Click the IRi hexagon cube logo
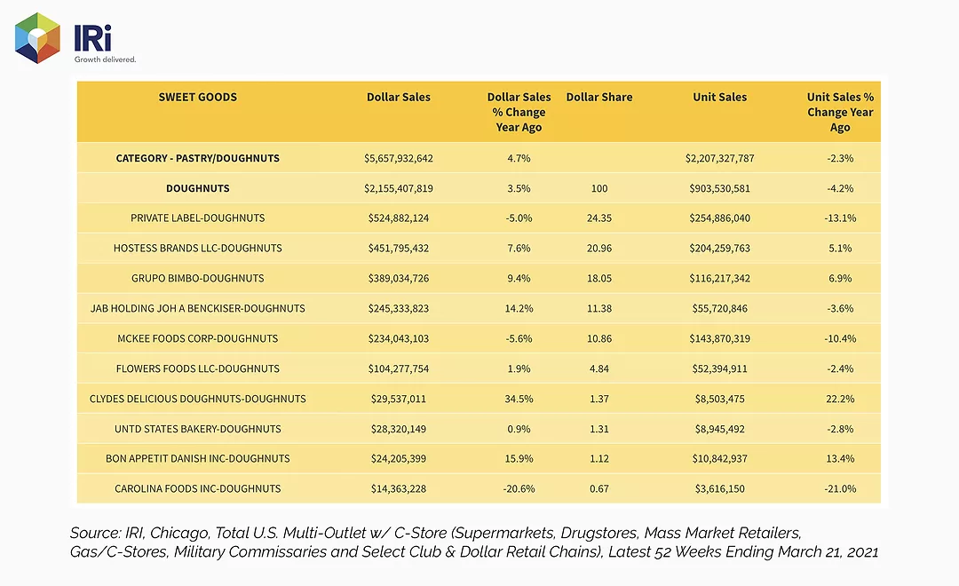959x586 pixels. pyautogui.click(x=37, y=38)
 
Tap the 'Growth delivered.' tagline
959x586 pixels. pyautogui.click(x=105, y=59)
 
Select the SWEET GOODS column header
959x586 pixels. pyautogui.click(x=197, y=97)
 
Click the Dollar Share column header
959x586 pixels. pyautogui.click(x=599, y=97)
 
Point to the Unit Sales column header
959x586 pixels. pyautogui.click(x=720, y=97)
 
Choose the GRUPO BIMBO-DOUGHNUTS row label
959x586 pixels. pyautogui.click(x=197, y=278)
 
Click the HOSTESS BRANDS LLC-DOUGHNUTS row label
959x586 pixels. pyautogui.click(x=197, y=249)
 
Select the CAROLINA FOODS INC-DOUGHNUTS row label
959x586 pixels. pyautogui.click(x=197, y=488)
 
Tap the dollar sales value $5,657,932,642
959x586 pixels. pyautogui.click(x=399, y=158)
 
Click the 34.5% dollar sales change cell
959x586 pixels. pyautogui.click(x=519, y=399)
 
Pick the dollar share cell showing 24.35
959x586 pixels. pyautogui.click(x=599, y=218)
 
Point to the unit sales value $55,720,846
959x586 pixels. pyautogui.click(x=720, y=308)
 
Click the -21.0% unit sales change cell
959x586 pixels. pyautogui.click(x=840, y=488)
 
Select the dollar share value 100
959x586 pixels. pyautogui.click(x=599, y=188)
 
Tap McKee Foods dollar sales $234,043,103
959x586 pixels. pyautogui.click(x=399, y=338)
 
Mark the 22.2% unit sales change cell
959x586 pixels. pyautogui.click(x=840, y=399)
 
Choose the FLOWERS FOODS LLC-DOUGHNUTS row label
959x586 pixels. pyautogui.click(x=197, y=368)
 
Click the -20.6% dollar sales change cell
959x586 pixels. pyautogui.click(x=519, y=488)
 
